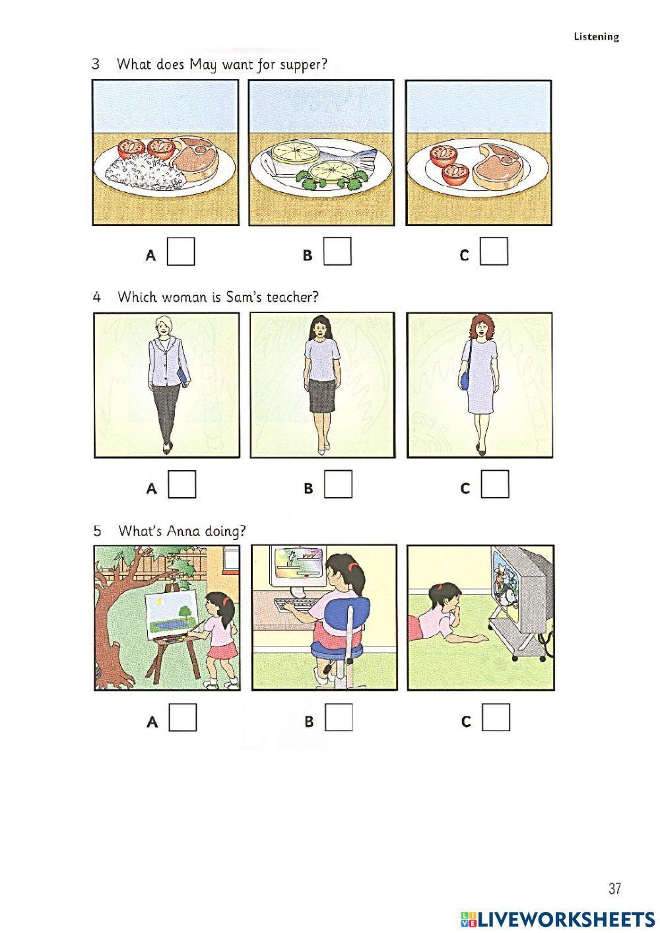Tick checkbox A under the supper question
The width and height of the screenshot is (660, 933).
coord(181,251)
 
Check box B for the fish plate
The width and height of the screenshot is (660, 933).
coord(337,251)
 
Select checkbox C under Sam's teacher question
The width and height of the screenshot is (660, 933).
coord(495,484)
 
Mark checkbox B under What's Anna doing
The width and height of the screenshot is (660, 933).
coord(339,717)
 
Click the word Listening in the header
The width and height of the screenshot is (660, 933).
coord(596,37)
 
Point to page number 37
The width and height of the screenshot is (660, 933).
coord(614,889)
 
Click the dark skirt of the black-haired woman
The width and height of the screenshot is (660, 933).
coord(321,396)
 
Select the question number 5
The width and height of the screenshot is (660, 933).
coord(97,531)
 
